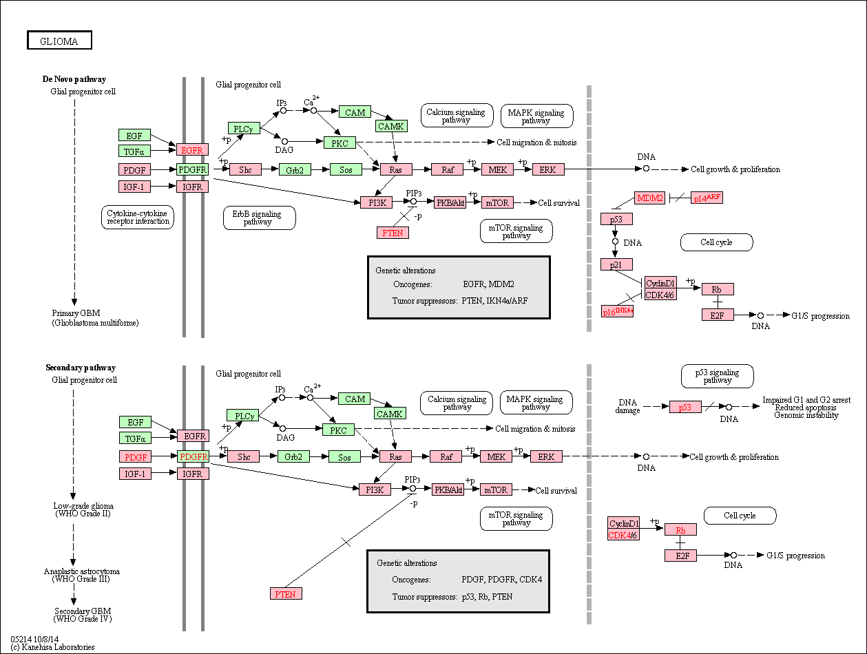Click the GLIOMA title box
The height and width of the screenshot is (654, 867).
59,40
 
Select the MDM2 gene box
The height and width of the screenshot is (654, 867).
650,198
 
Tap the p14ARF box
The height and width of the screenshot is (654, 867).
707,198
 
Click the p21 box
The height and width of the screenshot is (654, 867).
616,264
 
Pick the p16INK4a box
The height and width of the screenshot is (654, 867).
617,311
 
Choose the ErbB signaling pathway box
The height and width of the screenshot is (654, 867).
259,218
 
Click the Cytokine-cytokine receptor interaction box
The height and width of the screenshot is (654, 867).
138,217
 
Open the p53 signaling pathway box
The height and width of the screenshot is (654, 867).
718,376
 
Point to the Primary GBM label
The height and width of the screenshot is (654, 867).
95,318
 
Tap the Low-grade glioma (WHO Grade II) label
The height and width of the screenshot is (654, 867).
83,509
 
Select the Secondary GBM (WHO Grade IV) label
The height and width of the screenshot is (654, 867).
83,615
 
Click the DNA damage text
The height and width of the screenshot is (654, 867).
627,406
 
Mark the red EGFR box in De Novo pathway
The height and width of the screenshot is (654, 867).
192,150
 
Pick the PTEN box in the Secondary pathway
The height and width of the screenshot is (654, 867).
286,593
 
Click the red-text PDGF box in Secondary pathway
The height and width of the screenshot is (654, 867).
135,457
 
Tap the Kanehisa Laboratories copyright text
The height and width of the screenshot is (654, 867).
52,647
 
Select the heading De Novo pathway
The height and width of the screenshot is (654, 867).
74,79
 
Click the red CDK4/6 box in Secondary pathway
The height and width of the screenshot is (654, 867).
623,535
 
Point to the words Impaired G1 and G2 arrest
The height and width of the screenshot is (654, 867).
806,400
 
